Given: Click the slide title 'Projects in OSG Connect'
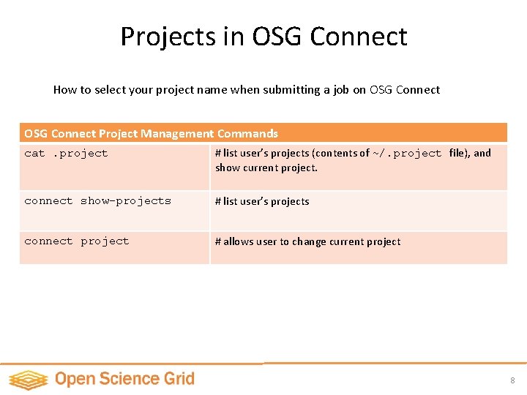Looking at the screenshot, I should (x=263, y=37).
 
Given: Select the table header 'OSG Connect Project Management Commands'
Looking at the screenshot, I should (x=151, y=133).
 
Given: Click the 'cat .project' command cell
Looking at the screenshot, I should (x=66, y=154).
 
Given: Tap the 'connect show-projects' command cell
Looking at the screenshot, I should (x=97, y=201).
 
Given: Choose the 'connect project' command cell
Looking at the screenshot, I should (x=76, y=241).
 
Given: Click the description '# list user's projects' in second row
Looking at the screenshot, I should (x=262, y=202).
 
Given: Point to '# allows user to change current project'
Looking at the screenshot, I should (x=307, y=242).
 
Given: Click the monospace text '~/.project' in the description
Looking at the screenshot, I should (x=407, y=154).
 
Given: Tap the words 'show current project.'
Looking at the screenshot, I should (x=266, y=168).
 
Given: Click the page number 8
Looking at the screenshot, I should (x=512, y=380).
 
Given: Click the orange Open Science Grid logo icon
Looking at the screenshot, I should (x=28, y=380).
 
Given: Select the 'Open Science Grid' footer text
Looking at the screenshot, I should (x=124, y=379).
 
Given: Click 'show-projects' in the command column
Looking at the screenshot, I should (x=125, y=201).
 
